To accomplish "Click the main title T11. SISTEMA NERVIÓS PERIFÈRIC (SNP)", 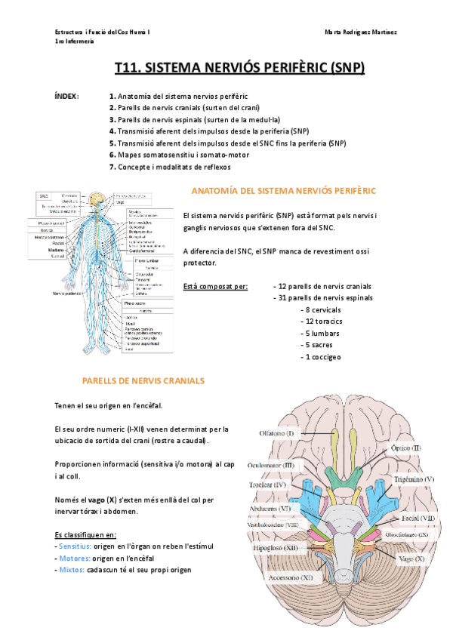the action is click(239, 69).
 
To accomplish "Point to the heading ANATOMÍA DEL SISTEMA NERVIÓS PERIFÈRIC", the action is click(283, 191).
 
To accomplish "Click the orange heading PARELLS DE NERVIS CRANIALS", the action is click(143, 381).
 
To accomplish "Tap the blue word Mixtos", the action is click(73, 570).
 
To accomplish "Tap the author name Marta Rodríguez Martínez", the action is click(361, 32).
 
